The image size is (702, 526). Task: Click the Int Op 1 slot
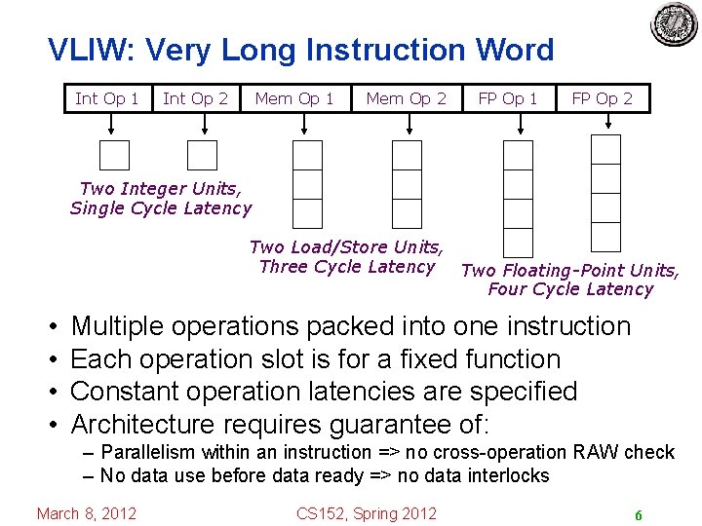[107, 98]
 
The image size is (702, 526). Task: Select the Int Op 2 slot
[195, 98]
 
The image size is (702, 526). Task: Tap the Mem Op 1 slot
[294, 98]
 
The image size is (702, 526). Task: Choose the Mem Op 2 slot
[406, 98]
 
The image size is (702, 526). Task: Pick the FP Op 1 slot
[507, 98]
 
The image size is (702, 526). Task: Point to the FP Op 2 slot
[602, 98]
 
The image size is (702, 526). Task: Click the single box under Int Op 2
[202, 156]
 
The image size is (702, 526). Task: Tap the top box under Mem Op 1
[308, 156]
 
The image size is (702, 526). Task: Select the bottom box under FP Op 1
[518, 242]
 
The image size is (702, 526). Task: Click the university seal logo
[675, 25]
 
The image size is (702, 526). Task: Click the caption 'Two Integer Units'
[161, 188]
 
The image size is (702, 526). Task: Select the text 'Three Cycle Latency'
[347, 267]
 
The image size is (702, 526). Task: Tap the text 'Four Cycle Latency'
[570, 289]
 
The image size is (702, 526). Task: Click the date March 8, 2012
[87, 513]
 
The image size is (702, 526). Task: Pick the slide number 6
[638, 514]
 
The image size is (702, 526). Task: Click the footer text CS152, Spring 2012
[367, 513]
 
